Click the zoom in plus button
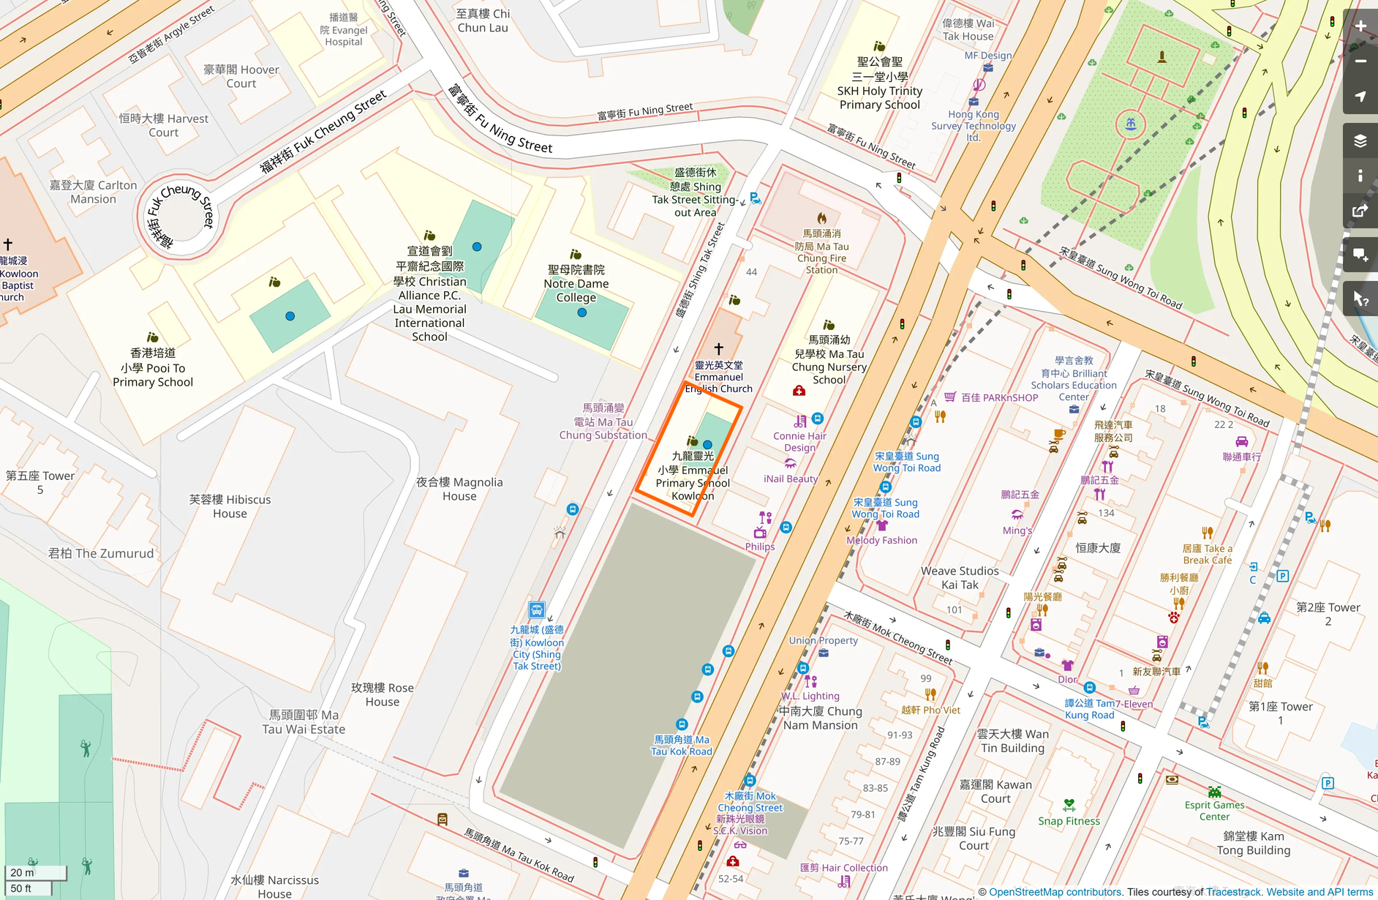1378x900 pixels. tap(1360, 26)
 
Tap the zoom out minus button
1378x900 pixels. tap(1360, 61)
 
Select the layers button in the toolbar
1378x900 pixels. tap(1360, 140)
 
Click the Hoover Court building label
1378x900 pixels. tap(241, 76)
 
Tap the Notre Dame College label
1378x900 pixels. tap(576, 284)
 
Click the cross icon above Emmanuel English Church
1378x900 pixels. tap(718, 349)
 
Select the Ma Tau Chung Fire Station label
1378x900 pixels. tap(822, 252)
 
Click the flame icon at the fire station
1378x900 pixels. tap(822, 218)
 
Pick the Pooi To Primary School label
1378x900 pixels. tap(153, 367)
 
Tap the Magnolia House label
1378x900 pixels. tap(459, 489)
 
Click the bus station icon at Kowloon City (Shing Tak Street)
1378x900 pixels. tap(537, 610)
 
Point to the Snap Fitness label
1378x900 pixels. tap(1069, 821)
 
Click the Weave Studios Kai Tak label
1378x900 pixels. tap(960, 577)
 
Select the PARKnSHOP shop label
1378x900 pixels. tap(999, 397)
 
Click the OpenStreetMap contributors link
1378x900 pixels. tap(1055, 892)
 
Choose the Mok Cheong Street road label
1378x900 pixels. tap(898, 638)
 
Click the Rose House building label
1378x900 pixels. tap(383, 694)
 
